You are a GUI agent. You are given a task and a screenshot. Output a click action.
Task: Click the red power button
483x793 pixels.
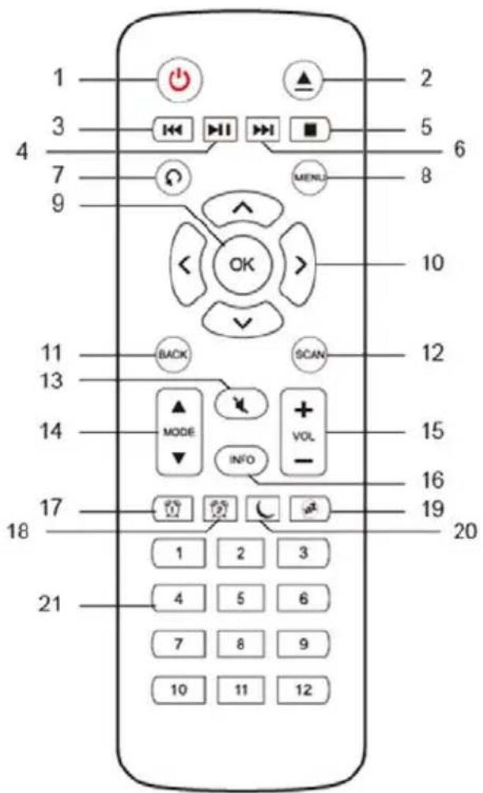[179, 81]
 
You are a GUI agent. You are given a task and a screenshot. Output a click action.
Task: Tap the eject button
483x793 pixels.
[304, 80]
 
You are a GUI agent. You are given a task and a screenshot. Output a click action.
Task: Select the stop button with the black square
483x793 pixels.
[309, 130]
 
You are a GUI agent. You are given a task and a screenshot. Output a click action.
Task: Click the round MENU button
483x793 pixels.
[310, 177]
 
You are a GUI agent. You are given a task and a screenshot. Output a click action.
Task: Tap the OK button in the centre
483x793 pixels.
[242, 264]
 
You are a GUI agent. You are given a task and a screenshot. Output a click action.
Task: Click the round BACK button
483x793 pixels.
[173, 354]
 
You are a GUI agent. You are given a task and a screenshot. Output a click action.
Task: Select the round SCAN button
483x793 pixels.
[309, 354]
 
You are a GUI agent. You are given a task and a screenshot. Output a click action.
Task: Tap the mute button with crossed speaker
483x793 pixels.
[241, 403]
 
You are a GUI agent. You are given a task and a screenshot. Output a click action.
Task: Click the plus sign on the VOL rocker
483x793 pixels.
[303, 409]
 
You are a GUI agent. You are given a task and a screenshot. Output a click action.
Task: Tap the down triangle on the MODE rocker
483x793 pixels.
[179, 458]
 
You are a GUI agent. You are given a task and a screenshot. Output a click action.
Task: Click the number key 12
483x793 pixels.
[303, 690]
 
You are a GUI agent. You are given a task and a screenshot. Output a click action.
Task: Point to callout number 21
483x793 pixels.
[50, 604]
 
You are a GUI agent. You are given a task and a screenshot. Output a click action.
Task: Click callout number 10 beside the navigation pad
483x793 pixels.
[433, 263]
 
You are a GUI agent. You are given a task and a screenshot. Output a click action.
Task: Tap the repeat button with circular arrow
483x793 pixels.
[174, 178]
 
